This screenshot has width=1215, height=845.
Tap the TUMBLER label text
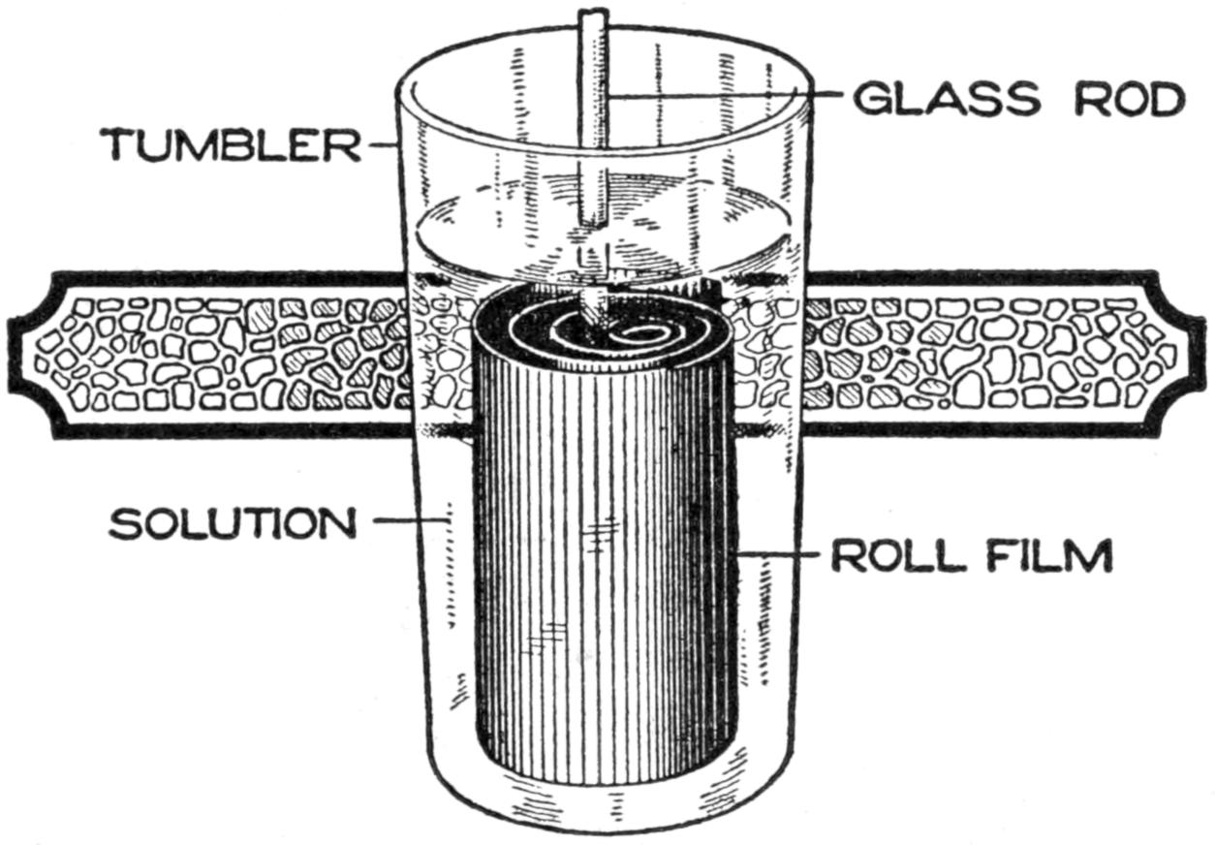coord(230,145)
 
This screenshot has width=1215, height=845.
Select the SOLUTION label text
coord(232,523)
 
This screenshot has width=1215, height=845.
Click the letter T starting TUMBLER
coord(121,145)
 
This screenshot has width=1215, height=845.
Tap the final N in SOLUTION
coord(335,523)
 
